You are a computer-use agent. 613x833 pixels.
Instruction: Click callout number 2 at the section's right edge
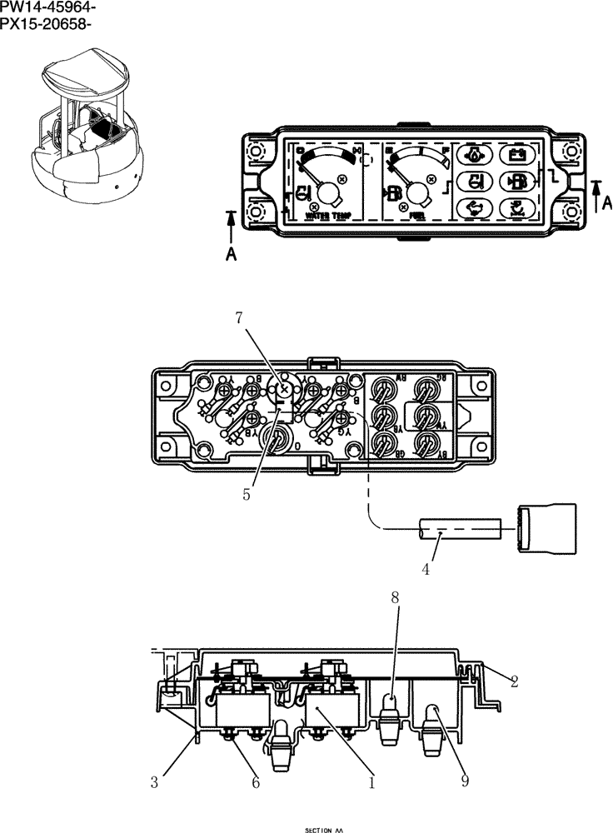coord(514,682)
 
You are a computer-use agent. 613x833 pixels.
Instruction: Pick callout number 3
coord(154,782)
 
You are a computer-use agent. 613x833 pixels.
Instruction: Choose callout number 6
coord(256,782)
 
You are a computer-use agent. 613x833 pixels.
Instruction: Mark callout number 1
coord(371,782)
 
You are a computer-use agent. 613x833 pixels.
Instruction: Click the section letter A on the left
coord(231,255)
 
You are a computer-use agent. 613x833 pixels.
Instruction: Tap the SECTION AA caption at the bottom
coord(324,830)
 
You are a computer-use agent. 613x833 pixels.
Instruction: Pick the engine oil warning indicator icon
coord(473,155)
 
